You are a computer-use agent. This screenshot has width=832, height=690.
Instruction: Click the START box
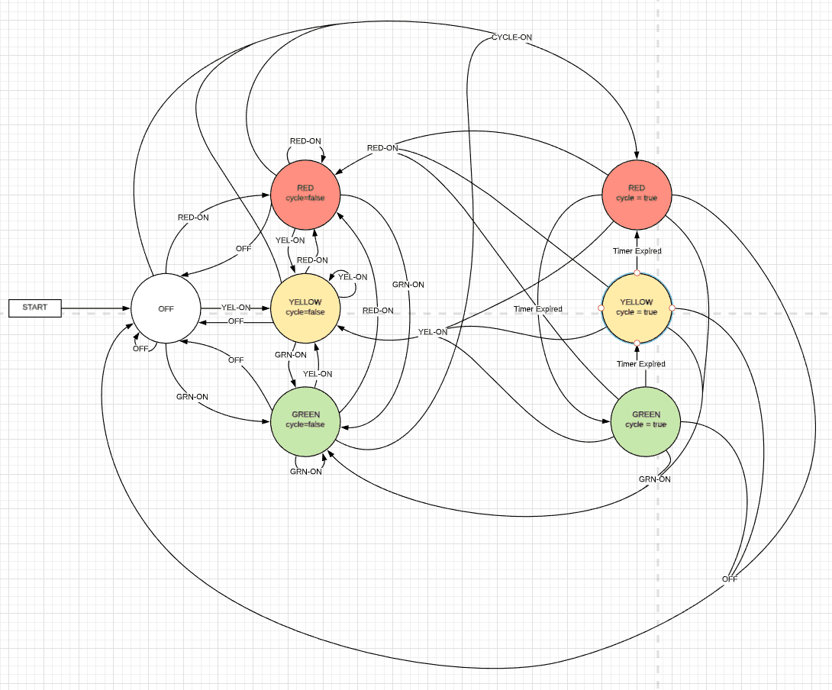click(34, 308)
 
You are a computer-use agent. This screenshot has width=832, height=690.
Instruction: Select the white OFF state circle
click(166, 308)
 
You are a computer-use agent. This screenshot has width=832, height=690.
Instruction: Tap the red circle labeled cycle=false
click(305, 193)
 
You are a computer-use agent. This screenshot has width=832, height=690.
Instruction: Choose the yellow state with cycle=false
click(305, 307)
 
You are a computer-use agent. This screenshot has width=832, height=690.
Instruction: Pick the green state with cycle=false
click(305, 419)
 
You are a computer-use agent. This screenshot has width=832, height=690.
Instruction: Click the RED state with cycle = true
click(637, 193)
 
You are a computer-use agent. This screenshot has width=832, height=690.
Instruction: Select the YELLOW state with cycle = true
click(637, 307)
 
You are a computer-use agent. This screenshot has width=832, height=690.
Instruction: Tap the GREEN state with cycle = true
click(646, 419)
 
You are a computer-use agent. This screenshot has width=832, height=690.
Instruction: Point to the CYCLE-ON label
click(511, 37)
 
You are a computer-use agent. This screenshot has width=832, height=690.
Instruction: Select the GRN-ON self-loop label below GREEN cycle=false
click(306, 472)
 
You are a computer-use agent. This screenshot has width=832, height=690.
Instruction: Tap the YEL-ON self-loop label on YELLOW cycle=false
click(353, 277)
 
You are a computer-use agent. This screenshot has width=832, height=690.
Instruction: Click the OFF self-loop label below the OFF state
click(140, 349)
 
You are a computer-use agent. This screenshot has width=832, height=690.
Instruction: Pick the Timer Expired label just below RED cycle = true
click(637, 251)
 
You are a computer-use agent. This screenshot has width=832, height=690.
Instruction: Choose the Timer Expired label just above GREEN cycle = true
click(641, 364)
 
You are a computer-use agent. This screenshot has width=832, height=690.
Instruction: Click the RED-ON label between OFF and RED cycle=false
click(193, 218)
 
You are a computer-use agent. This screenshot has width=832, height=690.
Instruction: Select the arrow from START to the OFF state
click(95, 308)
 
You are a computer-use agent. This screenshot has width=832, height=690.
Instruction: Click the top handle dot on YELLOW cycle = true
click(637, 272)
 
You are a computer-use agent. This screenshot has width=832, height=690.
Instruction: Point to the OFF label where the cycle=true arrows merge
click(730, 579)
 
